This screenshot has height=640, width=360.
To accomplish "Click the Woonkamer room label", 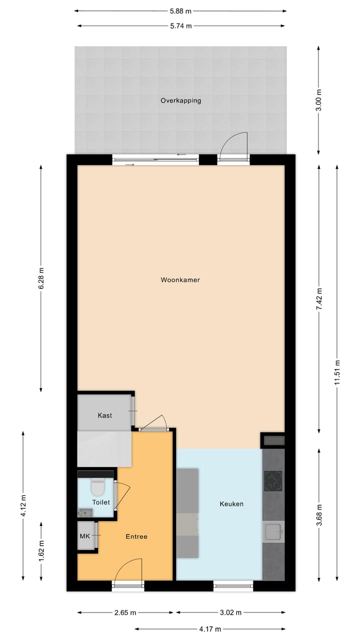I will pyautogui.click(x=180, y=280).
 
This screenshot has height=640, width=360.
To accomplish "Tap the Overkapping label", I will pyautogui.click(x=180, y=100).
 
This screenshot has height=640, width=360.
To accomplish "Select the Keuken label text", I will pyautogui.click(x=231, y=504).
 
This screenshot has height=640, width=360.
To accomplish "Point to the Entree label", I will pyautogui.click(x=136, y=536).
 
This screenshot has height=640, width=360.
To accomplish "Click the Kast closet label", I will pyautogui.click(x=105, y=415).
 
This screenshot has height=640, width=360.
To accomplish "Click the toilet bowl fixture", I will pyautogui.click(x=97, y=486).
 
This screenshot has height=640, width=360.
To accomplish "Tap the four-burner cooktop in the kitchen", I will pyautogui.click(x=273, y=481).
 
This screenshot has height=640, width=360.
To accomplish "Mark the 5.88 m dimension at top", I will pyautogui.click(x=180, y=10).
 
